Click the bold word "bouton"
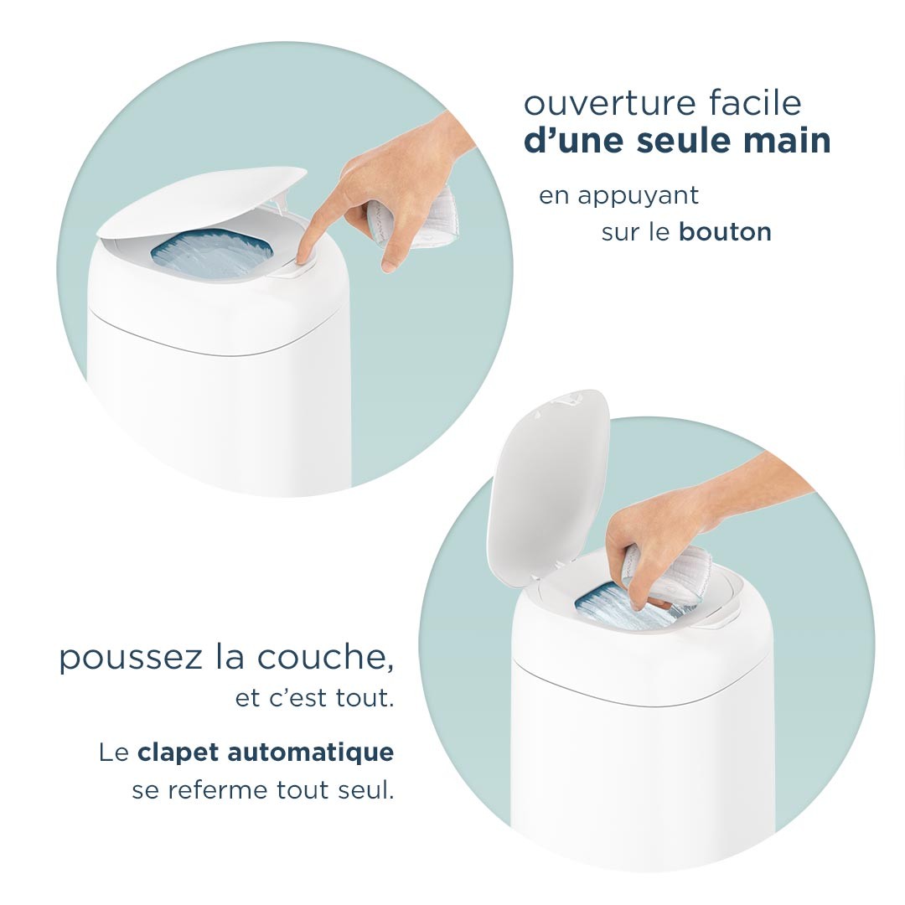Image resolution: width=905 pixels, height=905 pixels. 725,232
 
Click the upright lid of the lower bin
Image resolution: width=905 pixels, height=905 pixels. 546,477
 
